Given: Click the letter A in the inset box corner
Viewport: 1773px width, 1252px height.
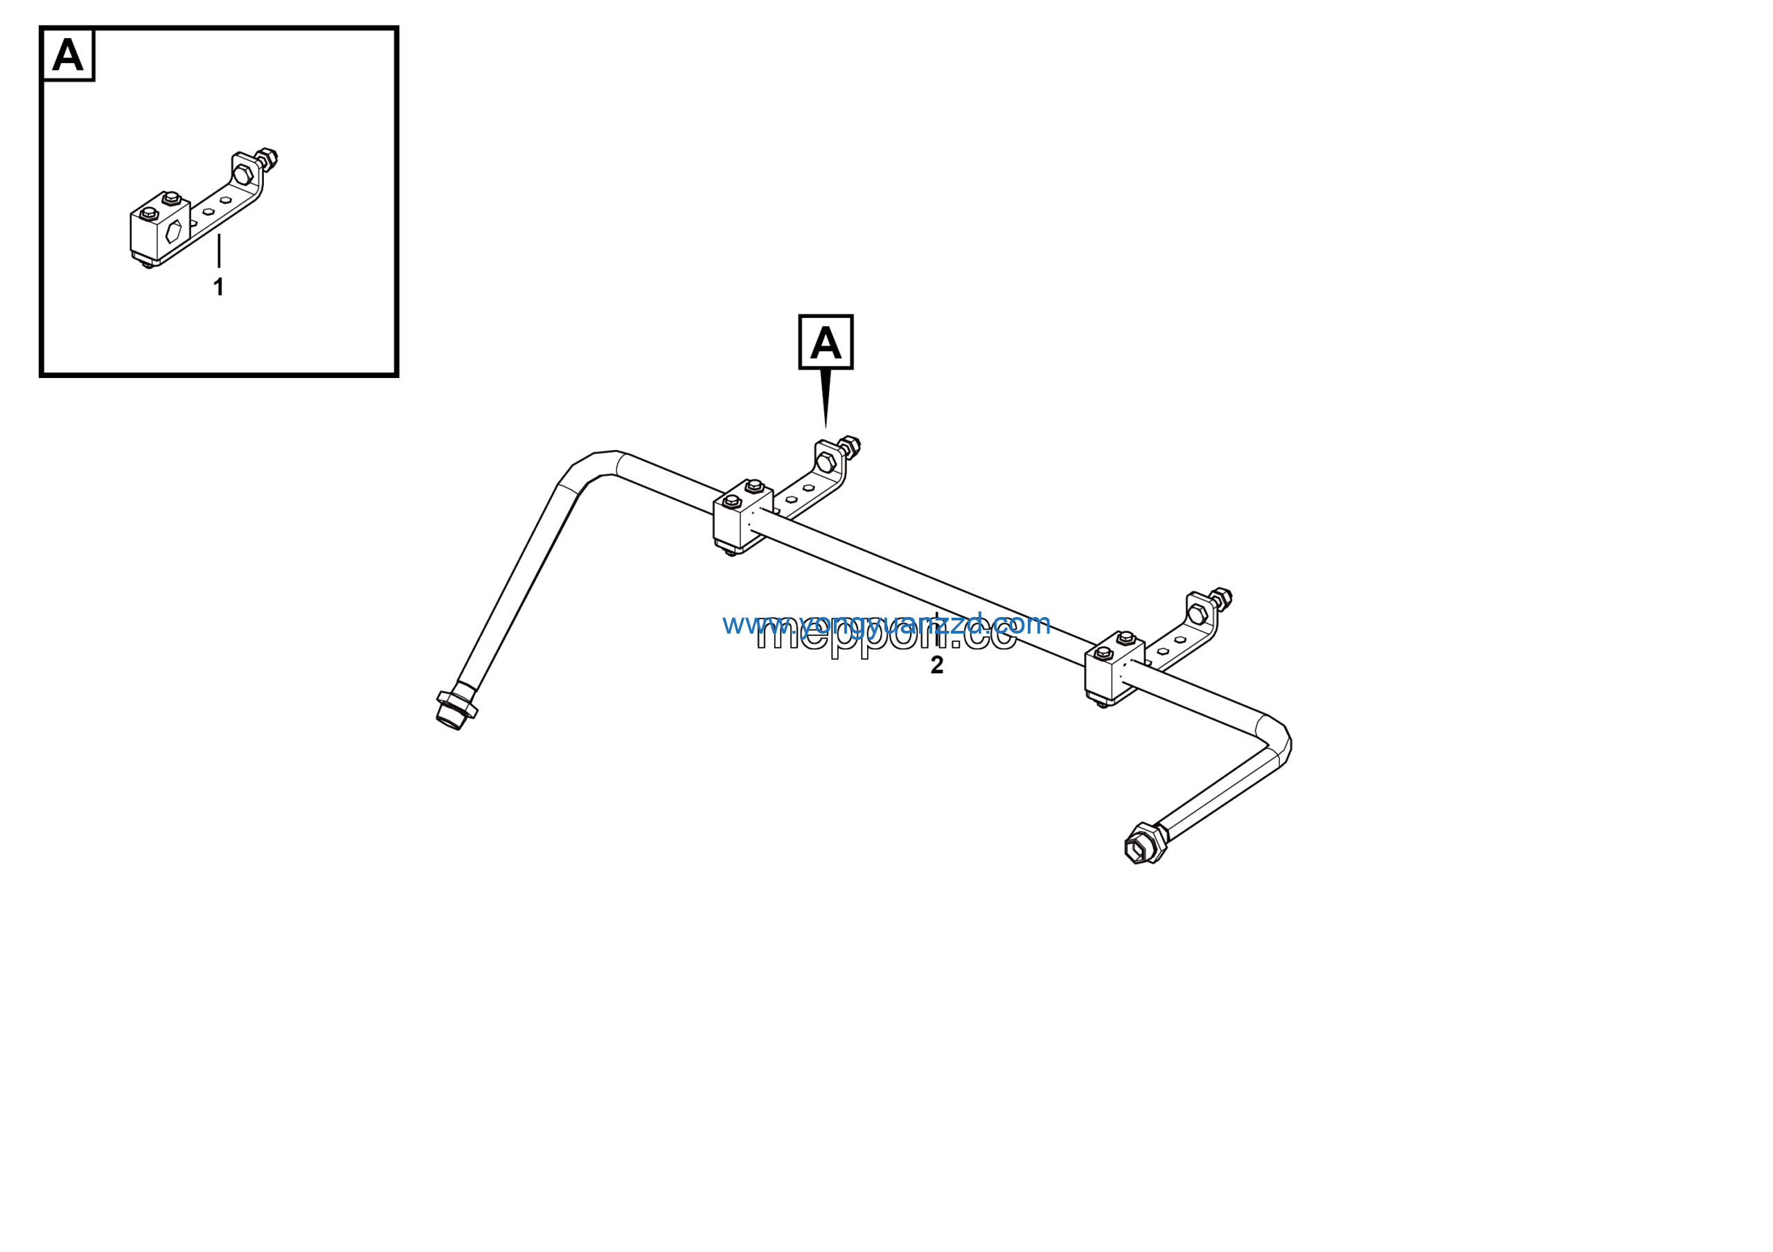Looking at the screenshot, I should coord(68,55).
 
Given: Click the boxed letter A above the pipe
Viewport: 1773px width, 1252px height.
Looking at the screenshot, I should coord(826,342).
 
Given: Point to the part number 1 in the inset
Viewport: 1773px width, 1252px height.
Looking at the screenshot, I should coord(219,287).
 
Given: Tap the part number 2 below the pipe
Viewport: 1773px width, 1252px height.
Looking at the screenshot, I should coord(936,665).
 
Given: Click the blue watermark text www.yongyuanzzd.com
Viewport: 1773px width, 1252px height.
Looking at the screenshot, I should coord(886,623).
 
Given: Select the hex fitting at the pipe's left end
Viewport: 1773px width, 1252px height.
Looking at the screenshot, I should coord(456,708).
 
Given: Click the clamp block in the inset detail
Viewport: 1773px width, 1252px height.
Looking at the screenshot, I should coord(160,229).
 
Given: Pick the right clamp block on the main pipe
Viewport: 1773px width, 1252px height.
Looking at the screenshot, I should coord(1113,668).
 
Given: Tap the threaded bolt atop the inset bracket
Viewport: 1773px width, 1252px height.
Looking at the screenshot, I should coord(267,160).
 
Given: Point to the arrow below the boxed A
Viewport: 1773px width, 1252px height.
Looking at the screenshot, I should coord(826,398).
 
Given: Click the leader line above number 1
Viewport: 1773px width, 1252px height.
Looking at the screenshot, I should coord(219,251).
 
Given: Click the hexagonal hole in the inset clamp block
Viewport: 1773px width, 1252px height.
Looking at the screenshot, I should coord(174,231).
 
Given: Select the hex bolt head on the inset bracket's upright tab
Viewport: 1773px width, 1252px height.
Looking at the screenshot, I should coord(242,175).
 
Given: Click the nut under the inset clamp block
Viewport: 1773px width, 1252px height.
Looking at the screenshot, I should coord(146,265).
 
